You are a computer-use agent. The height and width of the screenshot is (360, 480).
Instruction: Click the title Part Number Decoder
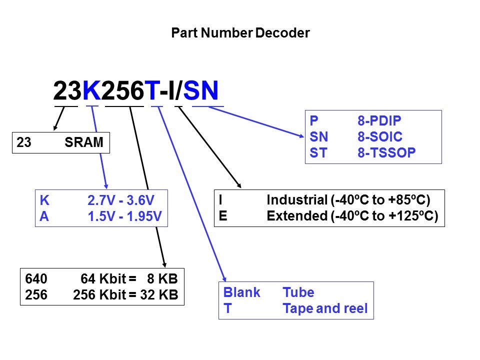click(x=240, y=33)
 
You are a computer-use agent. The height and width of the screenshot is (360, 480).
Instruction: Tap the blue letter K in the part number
click(x=91, y=90)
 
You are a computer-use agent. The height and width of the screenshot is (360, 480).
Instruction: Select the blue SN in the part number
click(x=201, y=90)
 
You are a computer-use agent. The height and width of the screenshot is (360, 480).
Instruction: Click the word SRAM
click(x=84, y=142)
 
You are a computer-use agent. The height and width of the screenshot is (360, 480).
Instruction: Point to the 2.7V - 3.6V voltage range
click(x=121, y=200)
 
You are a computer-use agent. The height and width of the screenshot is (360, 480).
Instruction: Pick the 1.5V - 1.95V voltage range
click(x=124, y=216)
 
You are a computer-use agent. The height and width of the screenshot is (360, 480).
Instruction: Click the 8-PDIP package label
click(x=379, y=120)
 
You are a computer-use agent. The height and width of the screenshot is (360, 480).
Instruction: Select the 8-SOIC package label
click(x=380, y=136)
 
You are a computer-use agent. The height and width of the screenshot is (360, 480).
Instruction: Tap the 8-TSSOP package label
click(x=386, y=152)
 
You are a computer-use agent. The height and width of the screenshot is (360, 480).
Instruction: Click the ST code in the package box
click(x=318, y=152)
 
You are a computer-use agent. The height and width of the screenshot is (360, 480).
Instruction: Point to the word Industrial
click(x=297, y=200)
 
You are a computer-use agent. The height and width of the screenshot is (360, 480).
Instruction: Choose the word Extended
click(x=297, y=216)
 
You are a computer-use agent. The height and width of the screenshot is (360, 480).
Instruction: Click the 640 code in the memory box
click(x=36, y=278)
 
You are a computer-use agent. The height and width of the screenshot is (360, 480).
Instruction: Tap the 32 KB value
click(x=159, y=294)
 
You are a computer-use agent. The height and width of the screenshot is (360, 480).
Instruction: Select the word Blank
click(x=242, y=292)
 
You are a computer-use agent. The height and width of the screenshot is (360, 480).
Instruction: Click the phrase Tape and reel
click(x=325, y=308)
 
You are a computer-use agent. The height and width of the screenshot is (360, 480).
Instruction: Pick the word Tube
click(x=298, y=292)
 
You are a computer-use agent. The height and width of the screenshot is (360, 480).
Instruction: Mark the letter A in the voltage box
click(x=44, y=216)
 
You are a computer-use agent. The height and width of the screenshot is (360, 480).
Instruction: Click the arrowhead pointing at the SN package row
click(x=301, y=135)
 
